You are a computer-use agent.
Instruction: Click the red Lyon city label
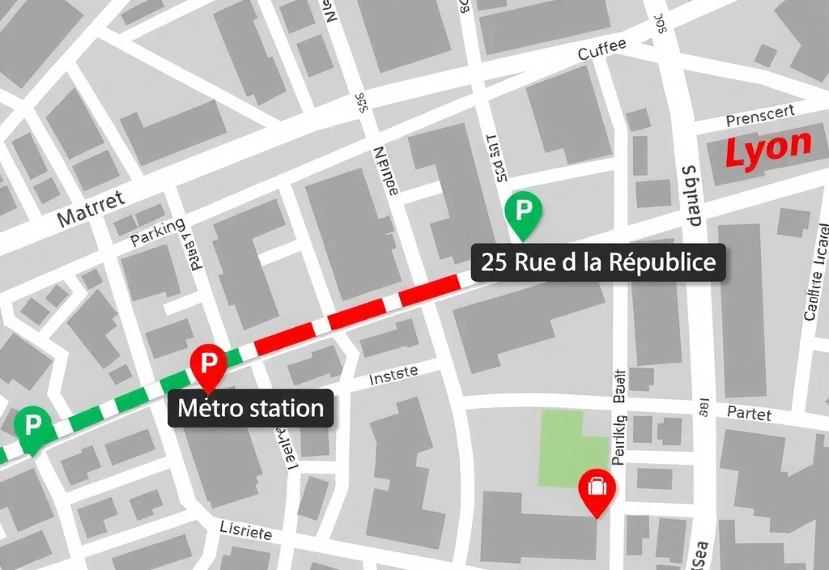[x=767, y=149]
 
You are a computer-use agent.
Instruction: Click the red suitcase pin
[x=597, y=489]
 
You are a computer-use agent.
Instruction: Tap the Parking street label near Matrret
[x=157, y=229]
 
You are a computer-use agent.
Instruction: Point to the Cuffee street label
[x=602, y=49]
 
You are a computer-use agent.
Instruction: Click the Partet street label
[x=749, y=413]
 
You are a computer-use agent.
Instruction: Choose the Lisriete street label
[x=245, y=530]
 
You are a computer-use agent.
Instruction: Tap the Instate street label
[x=393, y=374]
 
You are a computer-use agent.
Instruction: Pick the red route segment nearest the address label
[x=429, y=289]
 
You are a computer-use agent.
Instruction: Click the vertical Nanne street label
[x=384, y=170]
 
